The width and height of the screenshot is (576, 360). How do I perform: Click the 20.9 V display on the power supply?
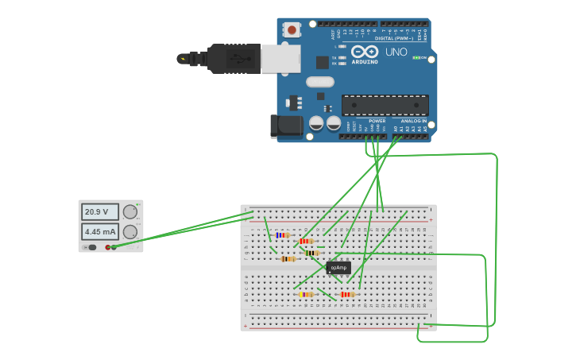pyautogui.click(x=99, y=212)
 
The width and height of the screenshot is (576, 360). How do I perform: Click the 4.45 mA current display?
pyautogui.click(x=99, y=232)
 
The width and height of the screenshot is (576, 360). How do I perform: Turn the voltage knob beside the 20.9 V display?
pyautogui.click(x=130, y=212)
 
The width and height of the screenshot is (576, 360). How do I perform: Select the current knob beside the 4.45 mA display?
pyautogui.click(x=130, y=232)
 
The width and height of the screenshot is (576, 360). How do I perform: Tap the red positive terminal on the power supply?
pyautogui.click(x=107, y=247)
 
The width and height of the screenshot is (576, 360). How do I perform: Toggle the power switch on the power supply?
pyautogui.click(x=91, y=247)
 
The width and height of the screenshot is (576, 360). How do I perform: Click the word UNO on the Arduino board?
pyautogui.click(x=396, y=52)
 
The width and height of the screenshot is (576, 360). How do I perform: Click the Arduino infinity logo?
pyautogui.click(x=364, y=51)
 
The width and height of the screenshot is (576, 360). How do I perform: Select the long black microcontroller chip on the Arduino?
pyautogui.click(x=385, y=105)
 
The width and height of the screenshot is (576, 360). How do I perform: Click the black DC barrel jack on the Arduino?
pyautogui.click(x=285, y=126)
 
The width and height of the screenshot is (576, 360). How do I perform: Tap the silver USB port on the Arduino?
pyautogui.click(x=281, y=59)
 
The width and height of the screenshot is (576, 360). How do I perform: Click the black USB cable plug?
pyautogui.click(x=234, y=59)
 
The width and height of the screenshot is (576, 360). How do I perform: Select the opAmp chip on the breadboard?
pyautogui.click(x=338, y=268)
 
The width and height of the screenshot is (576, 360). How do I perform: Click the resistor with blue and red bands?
pyautogui.click(x=282, y=235)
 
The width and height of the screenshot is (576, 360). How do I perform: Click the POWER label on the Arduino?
pyautogui.click(x=377, y=121)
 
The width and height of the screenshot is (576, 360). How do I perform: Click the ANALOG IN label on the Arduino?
pyautogui.click(x=414, y=121)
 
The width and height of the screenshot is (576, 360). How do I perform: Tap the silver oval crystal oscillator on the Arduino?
pyautogui.click(x=320, y=81)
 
